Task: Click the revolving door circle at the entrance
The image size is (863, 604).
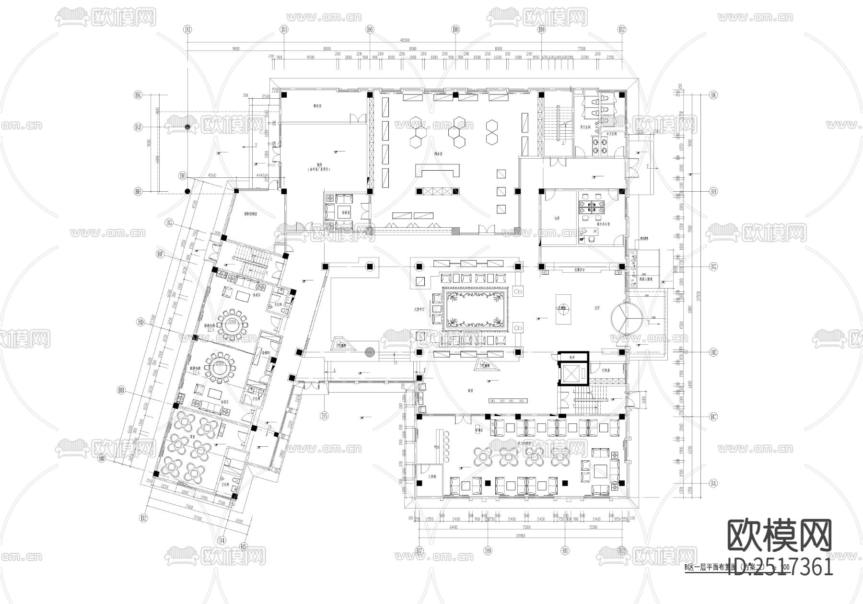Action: pos(627,317)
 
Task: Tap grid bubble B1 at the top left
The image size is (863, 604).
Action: pos(187,30)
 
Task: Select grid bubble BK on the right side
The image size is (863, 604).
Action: pos(714,95)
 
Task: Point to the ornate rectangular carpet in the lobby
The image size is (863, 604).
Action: pos(475,309)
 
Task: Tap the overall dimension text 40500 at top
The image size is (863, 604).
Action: pos(405,40)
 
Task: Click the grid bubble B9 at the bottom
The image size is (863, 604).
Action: pos(488,551)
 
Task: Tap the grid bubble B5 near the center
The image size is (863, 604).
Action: pos(325,416)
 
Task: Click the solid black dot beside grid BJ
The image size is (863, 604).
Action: pos(187,127)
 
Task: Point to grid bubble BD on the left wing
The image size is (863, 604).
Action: pos(140,322)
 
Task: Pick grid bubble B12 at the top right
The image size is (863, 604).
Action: pos(622,30)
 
